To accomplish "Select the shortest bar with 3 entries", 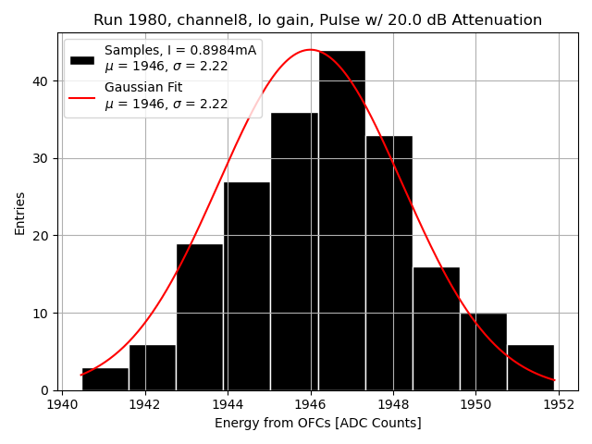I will [105, 379].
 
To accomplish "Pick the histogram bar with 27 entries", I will [247, 286].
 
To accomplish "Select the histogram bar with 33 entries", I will [388, 263].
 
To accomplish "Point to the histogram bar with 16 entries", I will [436, 328].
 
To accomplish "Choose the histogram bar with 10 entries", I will [483, 351].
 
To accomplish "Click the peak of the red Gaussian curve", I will [311, 50].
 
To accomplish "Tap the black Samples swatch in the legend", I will [81, 59].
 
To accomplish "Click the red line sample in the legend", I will [81, 96].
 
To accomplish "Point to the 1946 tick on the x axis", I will [311, 404].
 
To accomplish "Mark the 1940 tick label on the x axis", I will [62, 404].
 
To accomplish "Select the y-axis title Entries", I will [20, 213].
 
